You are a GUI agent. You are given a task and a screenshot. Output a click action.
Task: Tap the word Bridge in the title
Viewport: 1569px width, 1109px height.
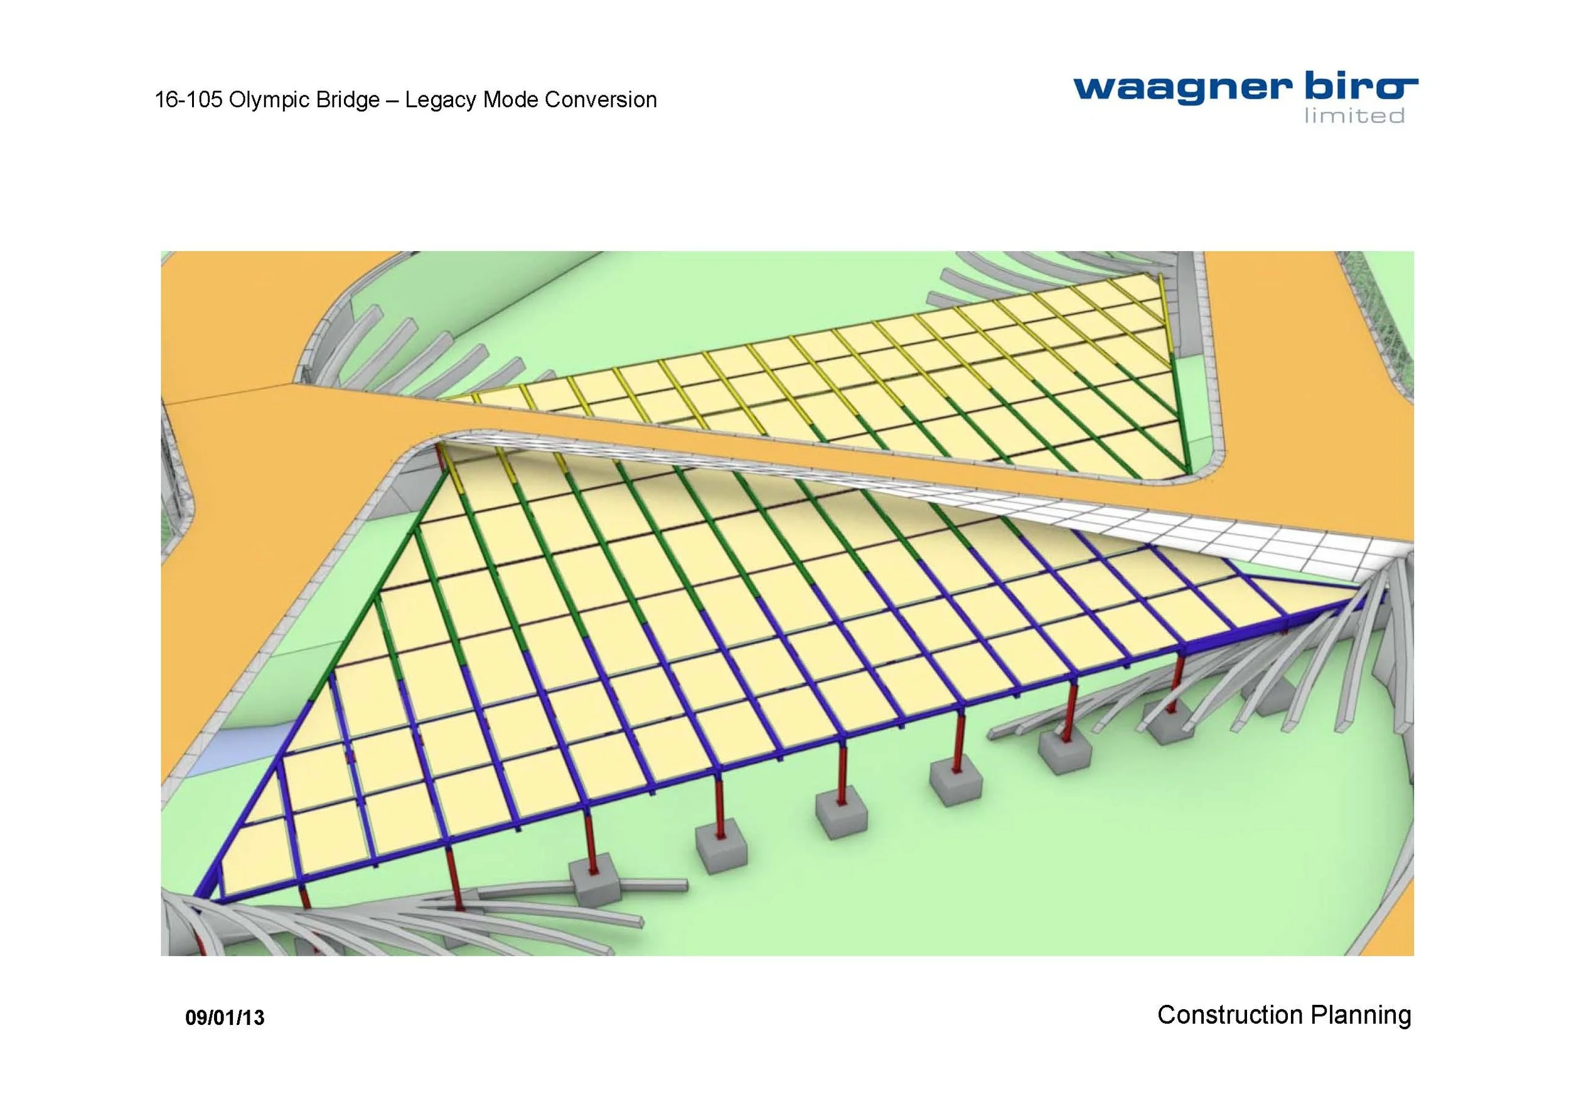347,100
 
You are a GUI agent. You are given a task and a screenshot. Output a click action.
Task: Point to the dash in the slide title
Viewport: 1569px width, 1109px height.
392,101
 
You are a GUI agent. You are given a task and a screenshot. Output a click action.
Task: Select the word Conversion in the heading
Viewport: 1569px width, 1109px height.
601,100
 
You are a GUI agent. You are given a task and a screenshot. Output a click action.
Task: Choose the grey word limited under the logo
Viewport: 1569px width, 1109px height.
1354,116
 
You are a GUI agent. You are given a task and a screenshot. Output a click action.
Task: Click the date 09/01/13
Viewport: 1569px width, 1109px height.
225,1018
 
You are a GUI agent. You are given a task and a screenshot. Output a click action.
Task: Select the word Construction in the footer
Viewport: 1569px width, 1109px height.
1221,1015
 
